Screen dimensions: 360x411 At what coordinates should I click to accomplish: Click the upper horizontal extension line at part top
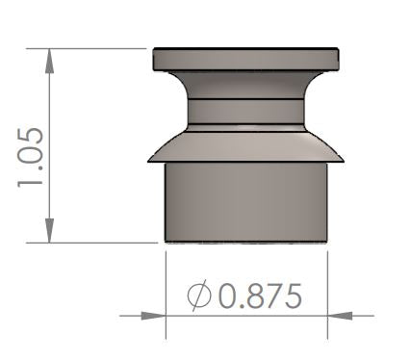[96, 46]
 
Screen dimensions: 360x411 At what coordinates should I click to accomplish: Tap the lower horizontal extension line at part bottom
[96, 244]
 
